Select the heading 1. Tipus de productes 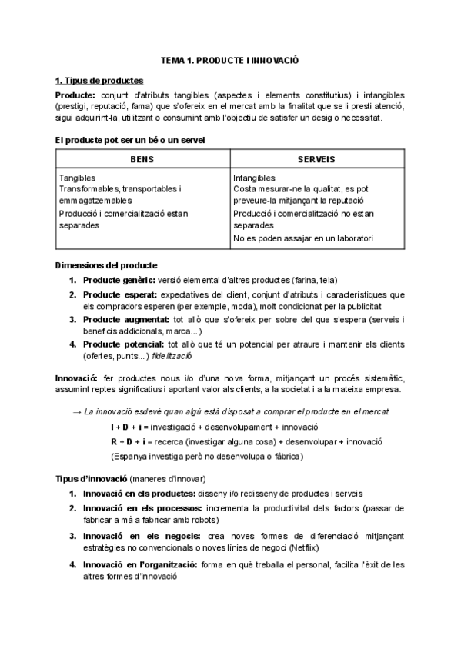click(99, 80)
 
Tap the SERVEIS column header click(316, 159)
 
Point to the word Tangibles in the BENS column click(79, 178)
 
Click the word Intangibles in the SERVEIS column click(254, 178)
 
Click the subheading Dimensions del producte click(106, 265)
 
